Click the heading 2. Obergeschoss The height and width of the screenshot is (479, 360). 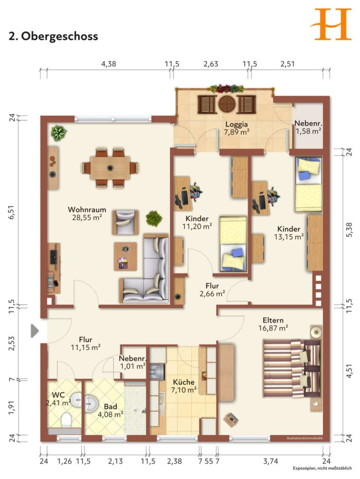click(x=54, y=36)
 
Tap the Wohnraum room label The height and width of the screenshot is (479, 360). click(x=87, y=209)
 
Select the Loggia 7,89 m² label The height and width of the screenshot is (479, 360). click(x=237, y=128)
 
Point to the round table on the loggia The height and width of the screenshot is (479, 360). click(x=227, y=104)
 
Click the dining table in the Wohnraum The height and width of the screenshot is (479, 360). click(x=110, y=168)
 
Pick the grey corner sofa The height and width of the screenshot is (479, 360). click(x=144, y=269)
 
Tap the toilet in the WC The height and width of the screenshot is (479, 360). click(x=66, y=420)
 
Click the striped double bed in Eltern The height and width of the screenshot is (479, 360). click(x=292, y=368)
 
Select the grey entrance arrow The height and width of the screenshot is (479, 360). click(x=35, y=331)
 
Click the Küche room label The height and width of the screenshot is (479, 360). click(x=184, y=382)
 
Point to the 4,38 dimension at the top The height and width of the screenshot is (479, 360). click(x=109, y=64)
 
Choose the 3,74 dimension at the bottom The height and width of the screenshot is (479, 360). click(x=270, y=461)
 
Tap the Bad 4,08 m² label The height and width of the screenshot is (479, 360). click(x=110, y=411)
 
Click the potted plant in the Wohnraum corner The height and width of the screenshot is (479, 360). click(x=59, y=133)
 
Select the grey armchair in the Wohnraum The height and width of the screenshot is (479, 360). click(x=125, y=222)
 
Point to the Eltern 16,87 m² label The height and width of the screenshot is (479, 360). click(x=273, y=324)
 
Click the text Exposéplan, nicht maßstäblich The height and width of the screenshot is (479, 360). click(x=322, y=468)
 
